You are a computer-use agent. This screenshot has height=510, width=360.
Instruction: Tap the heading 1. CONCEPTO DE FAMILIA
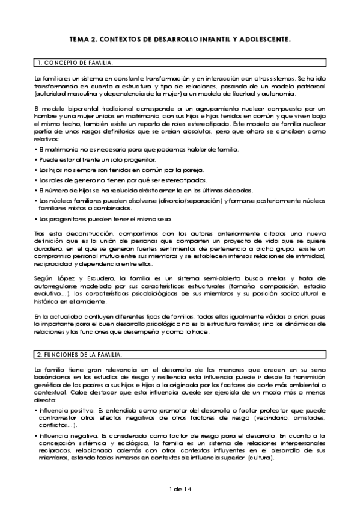click(x=74, y=63)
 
